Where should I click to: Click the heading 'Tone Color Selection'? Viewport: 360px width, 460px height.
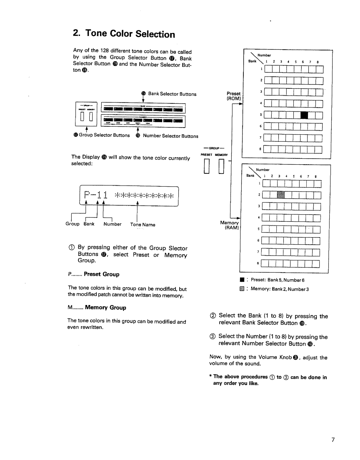pos(124,34)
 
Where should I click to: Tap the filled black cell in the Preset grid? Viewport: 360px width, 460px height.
pos(305,115)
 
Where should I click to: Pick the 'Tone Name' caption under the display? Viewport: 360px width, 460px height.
pos(143,225)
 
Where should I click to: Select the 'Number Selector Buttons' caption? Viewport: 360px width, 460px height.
pos(170,136)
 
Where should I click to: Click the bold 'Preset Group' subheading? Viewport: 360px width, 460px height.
pos(102,274)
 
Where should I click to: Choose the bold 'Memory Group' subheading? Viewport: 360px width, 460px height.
pos(105,307)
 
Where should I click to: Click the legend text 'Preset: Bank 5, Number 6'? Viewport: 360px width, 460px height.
pos(277,280)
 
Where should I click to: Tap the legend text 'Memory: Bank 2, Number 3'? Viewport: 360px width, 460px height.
pos(279,289)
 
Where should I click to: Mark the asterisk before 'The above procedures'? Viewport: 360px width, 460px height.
pos(211,376)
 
